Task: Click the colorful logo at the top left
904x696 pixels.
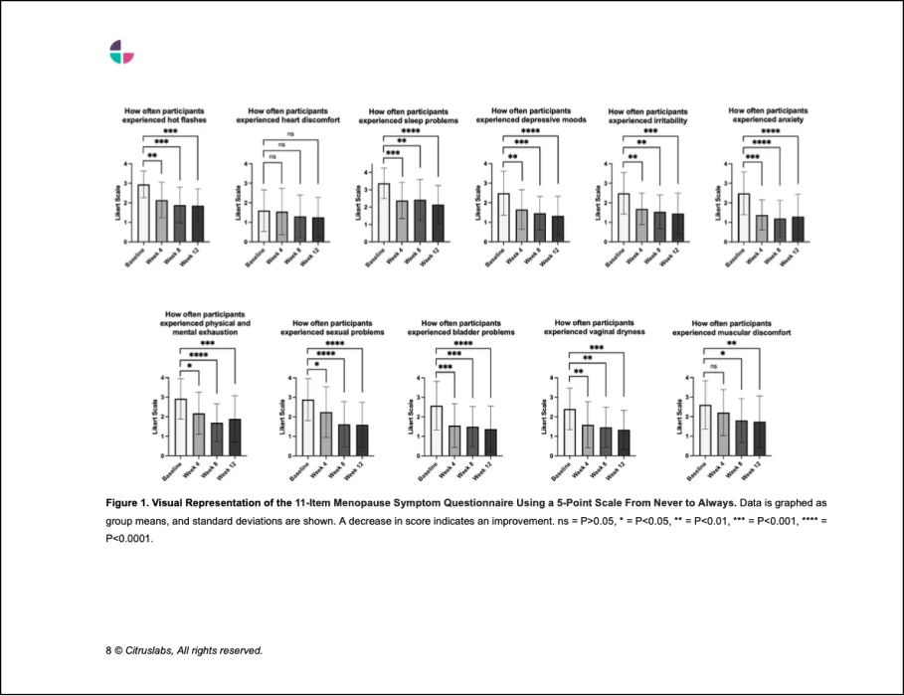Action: (x=121, y=52)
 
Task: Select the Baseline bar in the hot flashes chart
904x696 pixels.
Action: (x=143, y=213)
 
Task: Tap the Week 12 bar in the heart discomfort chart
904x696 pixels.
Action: (x=318, y=229)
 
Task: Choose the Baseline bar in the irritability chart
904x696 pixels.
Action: (x=624, y=217)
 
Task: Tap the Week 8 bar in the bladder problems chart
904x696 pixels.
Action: (x=472, y=440)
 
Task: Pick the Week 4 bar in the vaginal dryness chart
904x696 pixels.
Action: (x=588, y=439)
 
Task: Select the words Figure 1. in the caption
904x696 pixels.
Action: (x=128, y=504)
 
